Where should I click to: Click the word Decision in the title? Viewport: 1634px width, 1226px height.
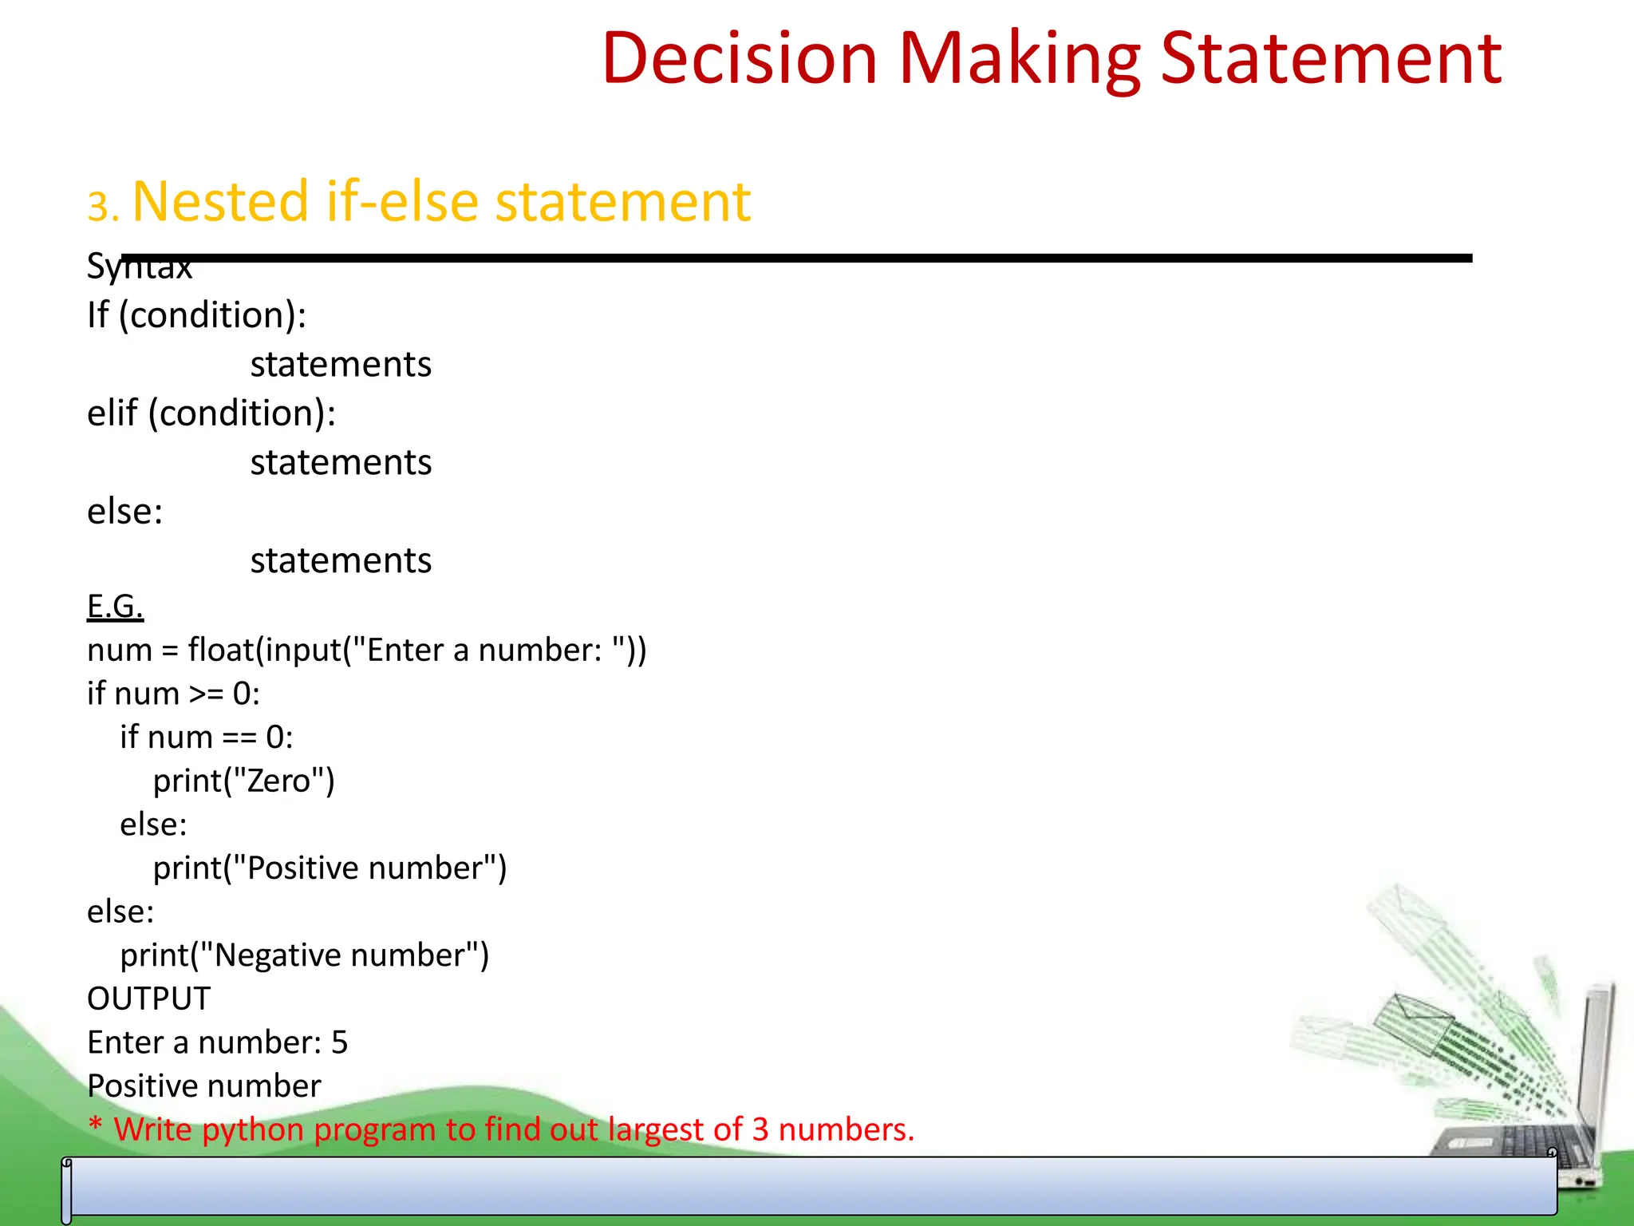pyautogui.click(x=739, y=58)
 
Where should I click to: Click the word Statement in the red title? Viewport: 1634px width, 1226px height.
pyautogui.click(x=1331, y=58)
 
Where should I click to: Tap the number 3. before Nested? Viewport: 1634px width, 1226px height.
pyautogui.click(x=103, y=207)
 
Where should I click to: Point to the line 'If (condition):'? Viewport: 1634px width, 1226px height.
pyautogui.click(x=196, y=315)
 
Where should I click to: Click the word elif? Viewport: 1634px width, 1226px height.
pyautogui.click(x=112, y=413)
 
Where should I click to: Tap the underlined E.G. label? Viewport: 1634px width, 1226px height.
pyautogui.click(x=115, y=607)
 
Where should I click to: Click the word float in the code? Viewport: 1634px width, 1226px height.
pyautogui.click(x=220, y=650)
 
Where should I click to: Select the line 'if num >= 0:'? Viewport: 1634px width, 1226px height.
pyautogui.click(x=173, y=694)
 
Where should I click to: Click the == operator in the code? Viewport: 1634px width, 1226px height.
pyautogui.click(x=239, y=738)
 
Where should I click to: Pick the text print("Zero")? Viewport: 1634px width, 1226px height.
pyautogui.click(x=243, y=781)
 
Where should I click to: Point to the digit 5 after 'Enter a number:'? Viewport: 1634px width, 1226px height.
pyautogui.click(x=340, y=1042)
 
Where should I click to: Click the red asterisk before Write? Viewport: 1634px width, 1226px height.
pyautogui.click(x=96, y=1126)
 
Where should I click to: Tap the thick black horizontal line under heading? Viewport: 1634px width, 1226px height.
pyautogui.click(x=798, y=258)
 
